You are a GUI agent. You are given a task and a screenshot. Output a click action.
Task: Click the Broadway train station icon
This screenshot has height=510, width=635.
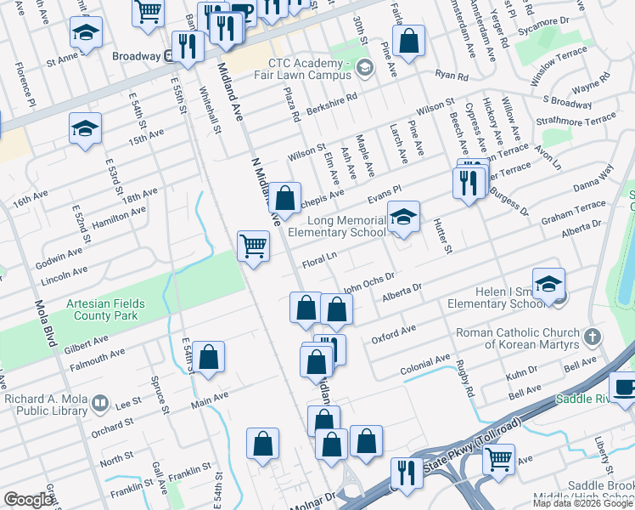169,56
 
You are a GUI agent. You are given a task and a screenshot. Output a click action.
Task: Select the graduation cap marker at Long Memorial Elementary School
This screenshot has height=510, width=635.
404,217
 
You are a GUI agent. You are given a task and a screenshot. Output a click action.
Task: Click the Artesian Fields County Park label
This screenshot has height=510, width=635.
107,309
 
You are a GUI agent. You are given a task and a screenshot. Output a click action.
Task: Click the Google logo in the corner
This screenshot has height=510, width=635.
29,500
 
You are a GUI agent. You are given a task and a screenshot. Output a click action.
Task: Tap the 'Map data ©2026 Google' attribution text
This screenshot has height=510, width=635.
582,503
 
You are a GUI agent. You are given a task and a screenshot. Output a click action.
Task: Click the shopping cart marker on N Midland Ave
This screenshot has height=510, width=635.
253,247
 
